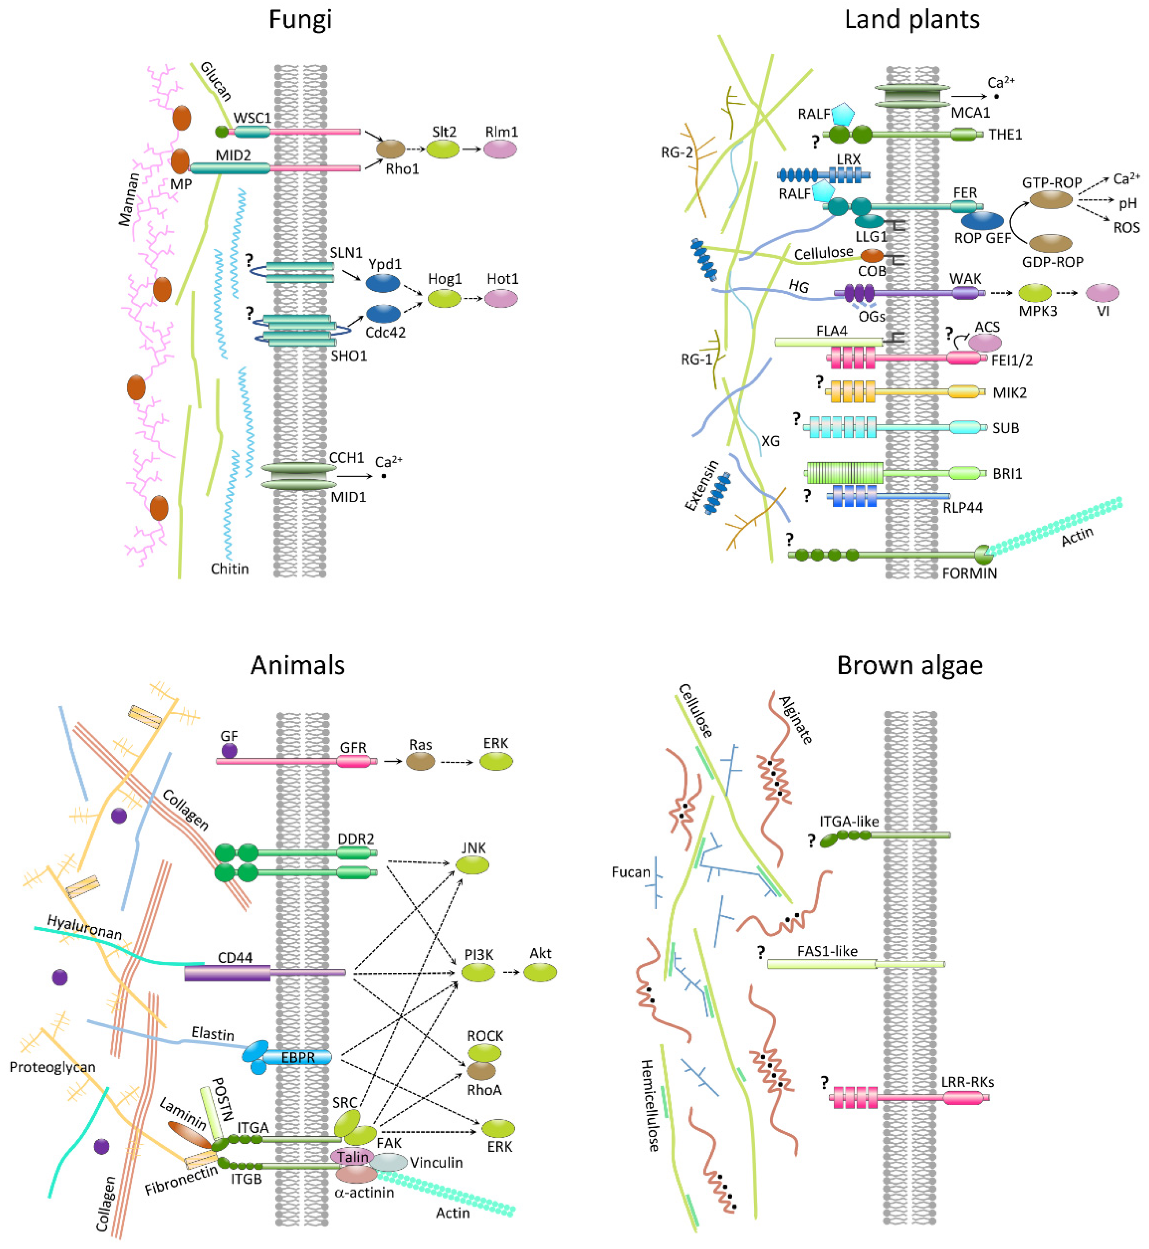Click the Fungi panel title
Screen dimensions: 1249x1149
click(300, 20)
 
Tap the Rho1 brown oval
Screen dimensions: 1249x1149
click(390, 149)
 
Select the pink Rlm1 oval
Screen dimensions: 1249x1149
click(500, 149)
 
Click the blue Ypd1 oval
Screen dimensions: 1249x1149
click(382, 283)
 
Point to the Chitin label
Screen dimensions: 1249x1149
click(229, 568)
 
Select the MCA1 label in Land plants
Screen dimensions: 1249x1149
click(970, 113)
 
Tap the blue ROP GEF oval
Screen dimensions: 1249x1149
click(982, 220)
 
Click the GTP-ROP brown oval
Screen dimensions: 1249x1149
click(1051, 200)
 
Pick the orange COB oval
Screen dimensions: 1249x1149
click(872, 256)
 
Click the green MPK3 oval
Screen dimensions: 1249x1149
click(1035, 292)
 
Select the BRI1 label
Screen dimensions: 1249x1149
click(1007, 473)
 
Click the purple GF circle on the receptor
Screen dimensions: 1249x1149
click(229, 751)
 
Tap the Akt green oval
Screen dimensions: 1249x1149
click(540, 972)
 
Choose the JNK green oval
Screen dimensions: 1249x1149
click(473, 865)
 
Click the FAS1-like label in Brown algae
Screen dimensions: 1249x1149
click(827, 951)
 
